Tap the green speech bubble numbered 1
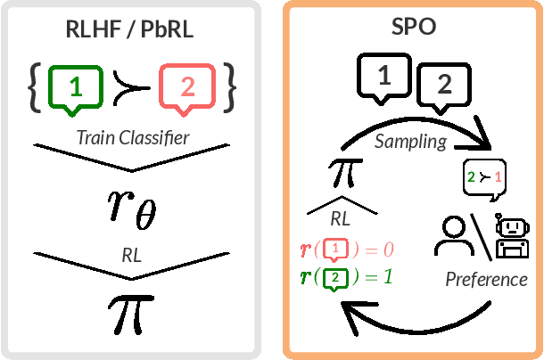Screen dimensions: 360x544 point(77,87)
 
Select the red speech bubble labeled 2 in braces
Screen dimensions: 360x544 point(187,87)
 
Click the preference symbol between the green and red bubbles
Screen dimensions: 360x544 point(131,86)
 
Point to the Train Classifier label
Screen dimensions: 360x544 point(132,137)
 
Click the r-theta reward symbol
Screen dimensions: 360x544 point(132,207)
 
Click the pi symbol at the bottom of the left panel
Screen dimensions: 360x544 point(131,313)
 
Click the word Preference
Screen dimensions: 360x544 point(487,280)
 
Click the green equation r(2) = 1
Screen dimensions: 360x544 point(347,276)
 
